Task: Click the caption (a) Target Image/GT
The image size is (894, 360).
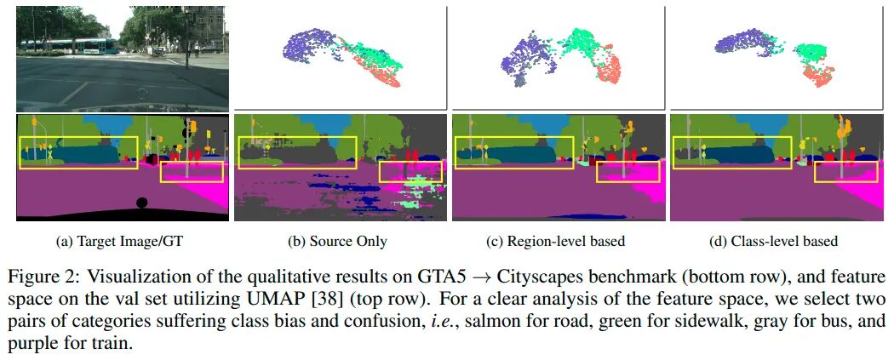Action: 119,242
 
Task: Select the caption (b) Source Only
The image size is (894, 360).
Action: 338,242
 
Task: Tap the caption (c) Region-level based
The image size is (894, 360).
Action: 555,242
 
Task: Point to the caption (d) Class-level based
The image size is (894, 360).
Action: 773,242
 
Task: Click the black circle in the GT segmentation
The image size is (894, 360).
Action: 141,203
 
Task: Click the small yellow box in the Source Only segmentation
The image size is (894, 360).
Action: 410,171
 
